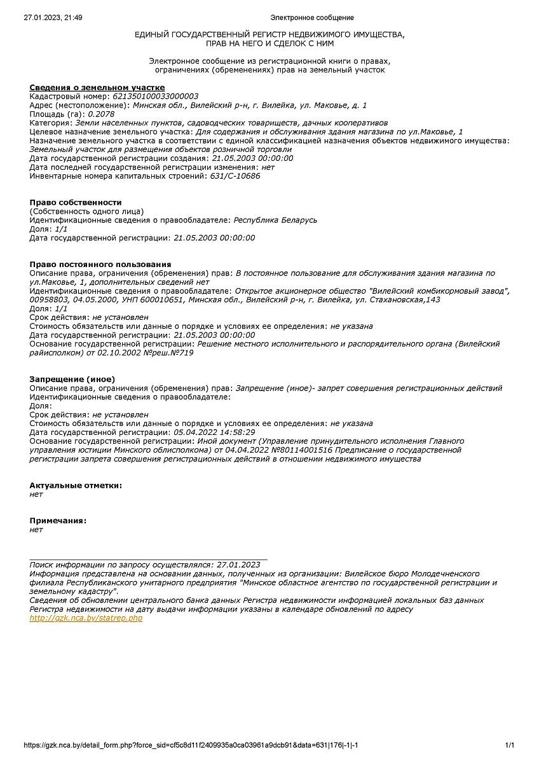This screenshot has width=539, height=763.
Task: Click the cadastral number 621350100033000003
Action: tap(155, 96)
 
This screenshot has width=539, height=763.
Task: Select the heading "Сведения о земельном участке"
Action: tap(97, 87)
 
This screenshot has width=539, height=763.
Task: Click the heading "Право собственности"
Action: tap(76, 202)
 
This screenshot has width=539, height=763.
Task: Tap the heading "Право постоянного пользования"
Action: tap(100, 264)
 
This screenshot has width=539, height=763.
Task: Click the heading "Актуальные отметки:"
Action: tap(76, 485)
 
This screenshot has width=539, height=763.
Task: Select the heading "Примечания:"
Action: tap(58, 521)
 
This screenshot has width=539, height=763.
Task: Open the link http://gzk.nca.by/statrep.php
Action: tap(86, 618)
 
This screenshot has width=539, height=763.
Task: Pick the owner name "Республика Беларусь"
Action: tap(275, 220)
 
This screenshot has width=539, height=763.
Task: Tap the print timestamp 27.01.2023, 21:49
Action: tap(53, 18)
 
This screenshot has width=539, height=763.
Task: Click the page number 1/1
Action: tap(509, 745)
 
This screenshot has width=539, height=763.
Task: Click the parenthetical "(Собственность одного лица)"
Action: tap(86, 211)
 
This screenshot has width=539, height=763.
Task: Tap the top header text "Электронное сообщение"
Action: tap(312, 18)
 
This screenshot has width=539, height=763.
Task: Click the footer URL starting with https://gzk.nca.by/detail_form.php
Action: tap(195, 745)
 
